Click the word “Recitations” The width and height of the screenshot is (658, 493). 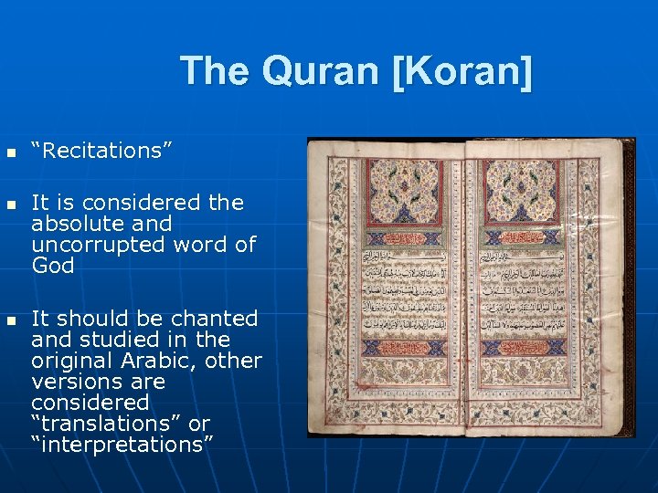[101, 151]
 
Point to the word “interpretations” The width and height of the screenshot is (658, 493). [122, 444]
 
